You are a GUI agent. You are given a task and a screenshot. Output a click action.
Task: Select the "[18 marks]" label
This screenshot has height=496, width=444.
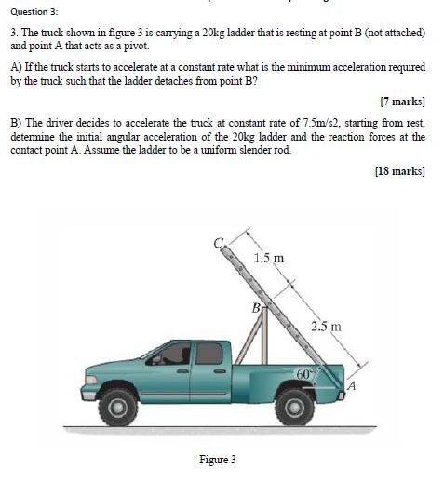click(x=399, y=171)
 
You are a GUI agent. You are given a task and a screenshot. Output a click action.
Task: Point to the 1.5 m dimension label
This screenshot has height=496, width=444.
click(x=269, y=258)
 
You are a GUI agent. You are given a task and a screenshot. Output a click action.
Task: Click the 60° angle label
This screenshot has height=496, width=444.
click(x=306, y=373)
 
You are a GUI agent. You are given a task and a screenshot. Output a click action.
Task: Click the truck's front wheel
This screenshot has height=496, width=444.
click(x=116, y=407)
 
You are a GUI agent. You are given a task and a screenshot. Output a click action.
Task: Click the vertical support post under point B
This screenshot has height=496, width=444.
click(x=264, y=335)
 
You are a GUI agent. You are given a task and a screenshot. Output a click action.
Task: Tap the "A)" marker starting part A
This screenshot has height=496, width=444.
click(x=16, y=68)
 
